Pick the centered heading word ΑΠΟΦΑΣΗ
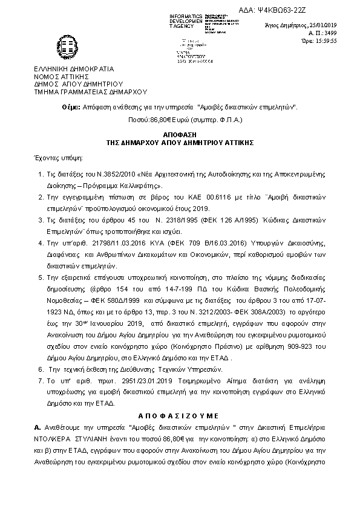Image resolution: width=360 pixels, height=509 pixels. (180, 132)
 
